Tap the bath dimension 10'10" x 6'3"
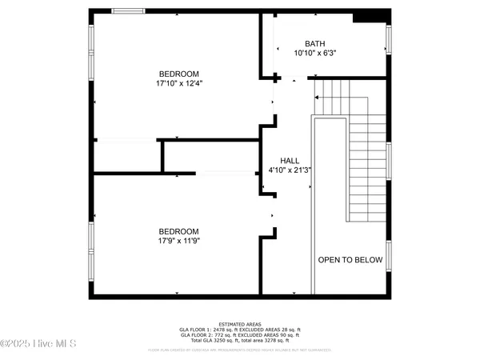(316, 53)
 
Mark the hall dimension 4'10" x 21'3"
(288, 170)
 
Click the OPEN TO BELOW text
(350, 260)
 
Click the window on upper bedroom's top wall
(129, 10)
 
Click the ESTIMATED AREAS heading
(239, 324)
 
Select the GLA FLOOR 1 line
(239, 330)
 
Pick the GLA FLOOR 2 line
(239, 335)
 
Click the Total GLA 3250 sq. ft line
(239, 341)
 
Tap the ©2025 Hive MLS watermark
(38, 344)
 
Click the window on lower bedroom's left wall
(91, 245)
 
